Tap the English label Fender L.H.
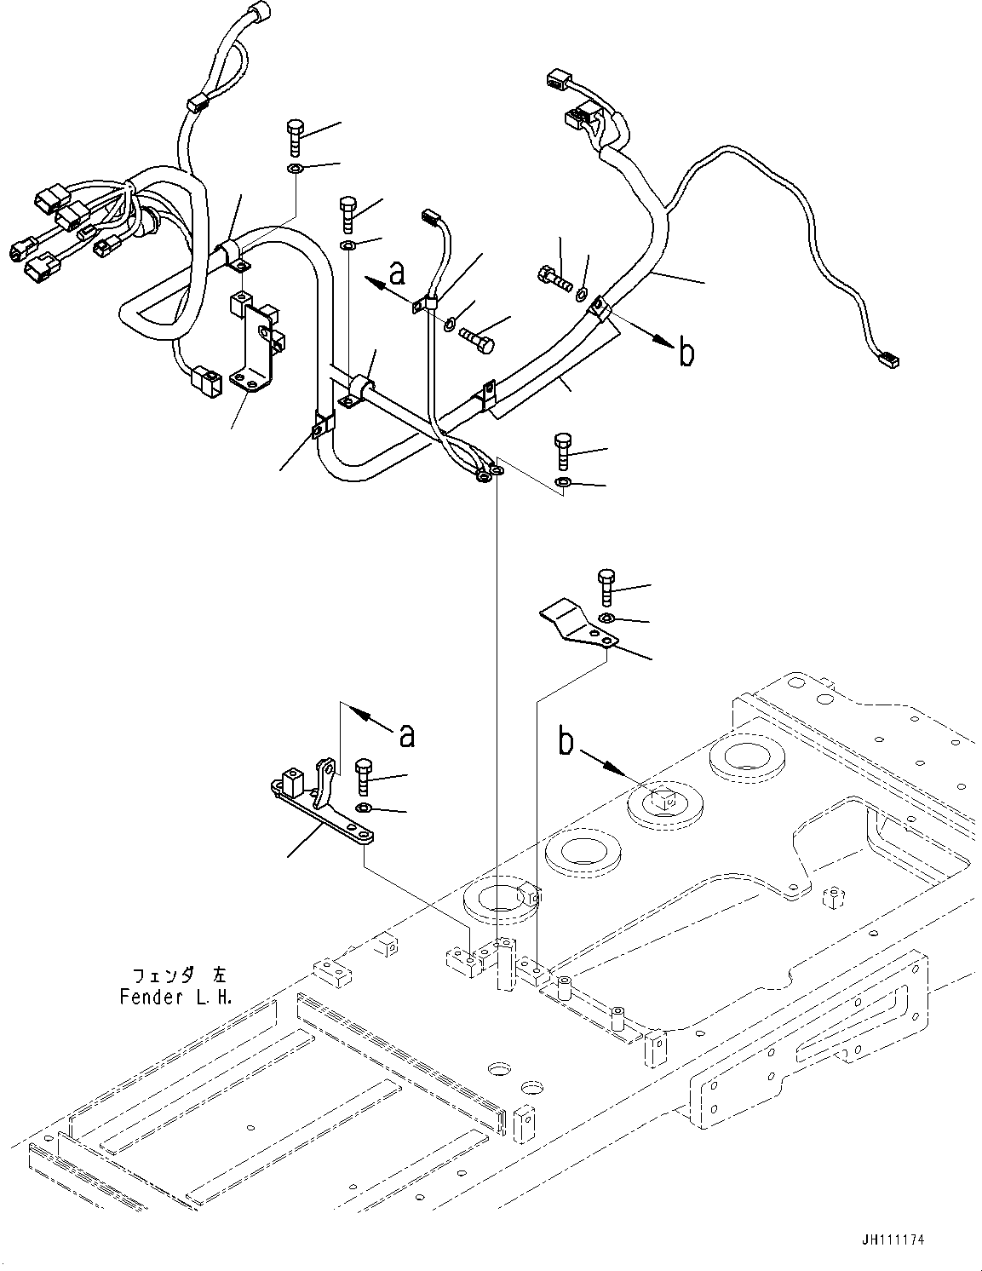tap(175, 998)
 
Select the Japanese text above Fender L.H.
tap(180, 974)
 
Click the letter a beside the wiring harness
tap(396, 273)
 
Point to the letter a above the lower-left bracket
tap(407, 734)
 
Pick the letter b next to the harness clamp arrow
tap(686, 353)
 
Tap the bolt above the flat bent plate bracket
tap(606, 585)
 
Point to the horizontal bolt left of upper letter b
tap(554, 278)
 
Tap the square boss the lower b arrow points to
tap(663, 799)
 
